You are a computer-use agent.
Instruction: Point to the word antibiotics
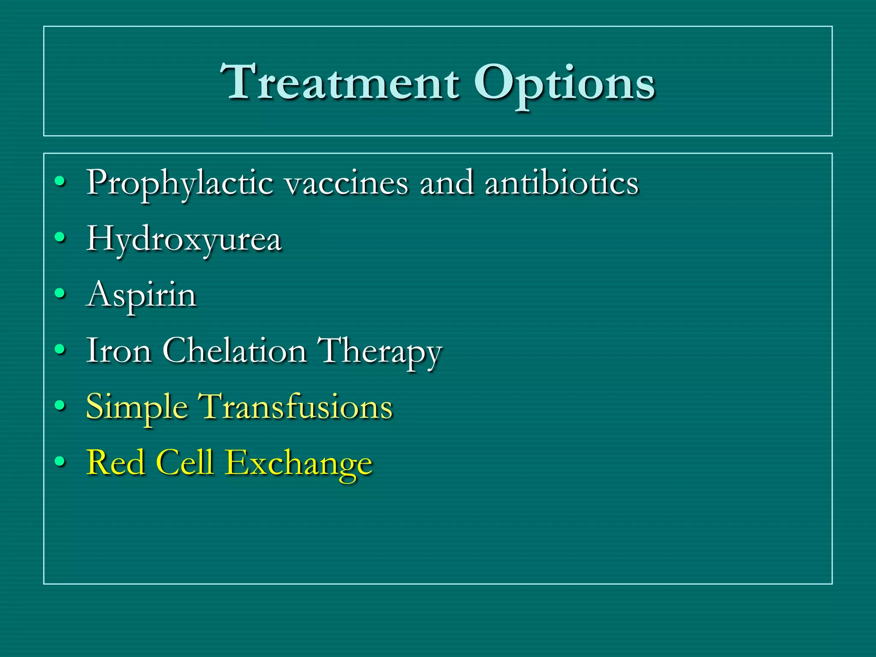562,183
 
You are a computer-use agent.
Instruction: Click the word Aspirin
142,295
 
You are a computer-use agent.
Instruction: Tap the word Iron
119,351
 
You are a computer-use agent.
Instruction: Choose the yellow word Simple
137,407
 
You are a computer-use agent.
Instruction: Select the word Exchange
299,463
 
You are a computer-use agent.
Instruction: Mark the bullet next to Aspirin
60,293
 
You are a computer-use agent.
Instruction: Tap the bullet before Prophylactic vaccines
60,181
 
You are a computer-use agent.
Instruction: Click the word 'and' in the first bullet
447,183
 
